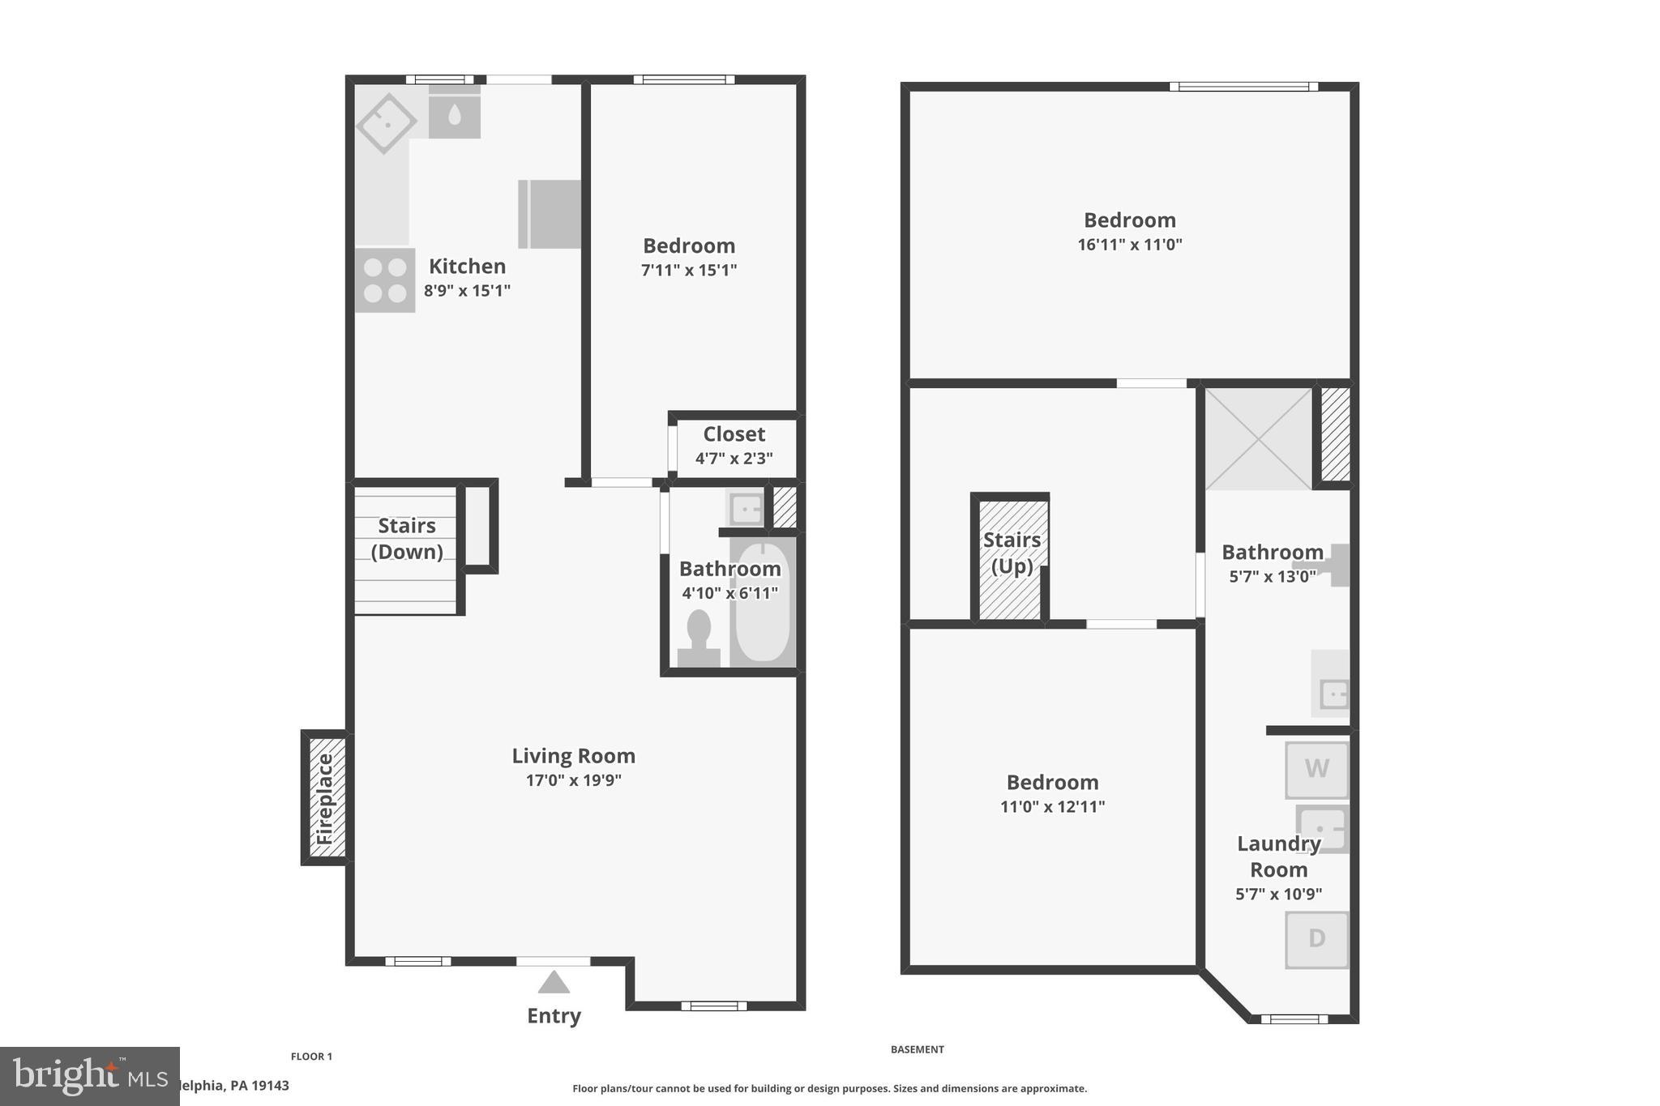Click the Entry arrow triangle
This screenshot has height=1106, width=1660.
point(554,983)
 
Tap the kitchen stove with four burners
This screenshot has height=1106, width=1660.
point(385,280)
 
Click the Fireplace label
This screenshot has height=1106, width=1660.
point(325,799)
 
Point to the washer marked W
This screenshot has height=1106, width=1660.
point(1316,769)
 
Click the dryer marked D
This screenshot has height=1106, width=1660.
point(1316,939)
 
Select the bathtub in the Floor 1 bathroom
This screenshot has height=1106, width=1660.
point(762,602)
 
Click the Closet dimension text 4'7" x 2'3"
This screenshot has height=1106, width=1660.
point(734,459)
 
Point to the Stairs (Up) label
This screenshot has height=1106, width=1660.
point(1012,553)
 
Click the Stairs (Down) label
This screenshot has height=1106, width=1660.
point(407,538)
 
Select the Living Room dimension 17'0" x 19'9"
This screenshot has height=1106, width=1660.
point(573,780)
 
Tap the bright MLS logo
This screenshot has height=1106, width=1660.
point(89,1076)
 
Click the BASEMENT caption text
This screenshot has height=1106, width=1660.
point(917,1049)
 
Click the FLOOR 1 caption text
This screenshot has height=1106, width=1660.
point(311,1057)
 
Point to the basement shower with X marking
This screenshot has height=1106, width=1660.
point(1257,438)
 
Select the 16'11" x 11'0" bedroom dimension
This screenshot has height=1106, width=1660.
point(1129,245)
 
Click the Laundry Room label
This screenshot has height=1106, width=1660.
point(1278,856)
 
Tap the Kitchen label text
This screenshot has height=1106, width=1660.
point(467,266)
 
